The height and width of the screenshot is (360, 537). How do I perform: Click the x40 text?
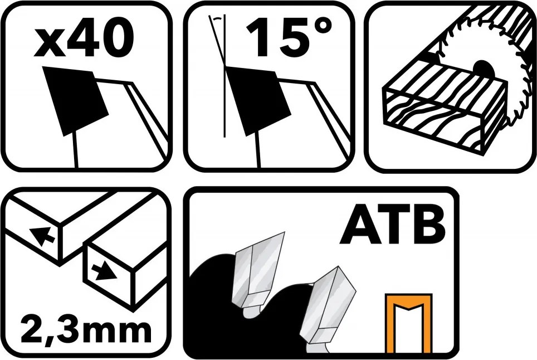click(x=84, y=40)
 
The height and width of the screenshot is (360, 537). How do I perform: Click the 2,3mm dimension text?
click(x=86, y=330)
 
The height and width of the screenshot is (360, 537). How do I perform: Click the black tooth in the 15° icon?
click(x=257, y=99)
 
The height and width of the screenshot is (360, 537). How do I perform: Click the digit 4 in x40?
click(x=81, y=40)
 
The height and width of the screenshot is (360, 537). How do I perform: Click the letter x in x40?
click(x=48, y=44)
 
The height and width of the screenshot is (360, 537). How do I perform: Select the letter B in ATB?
click(x=428, y=225)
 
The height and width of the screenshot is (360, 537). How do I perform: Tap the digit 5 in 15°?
click(x=290, y=38)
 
